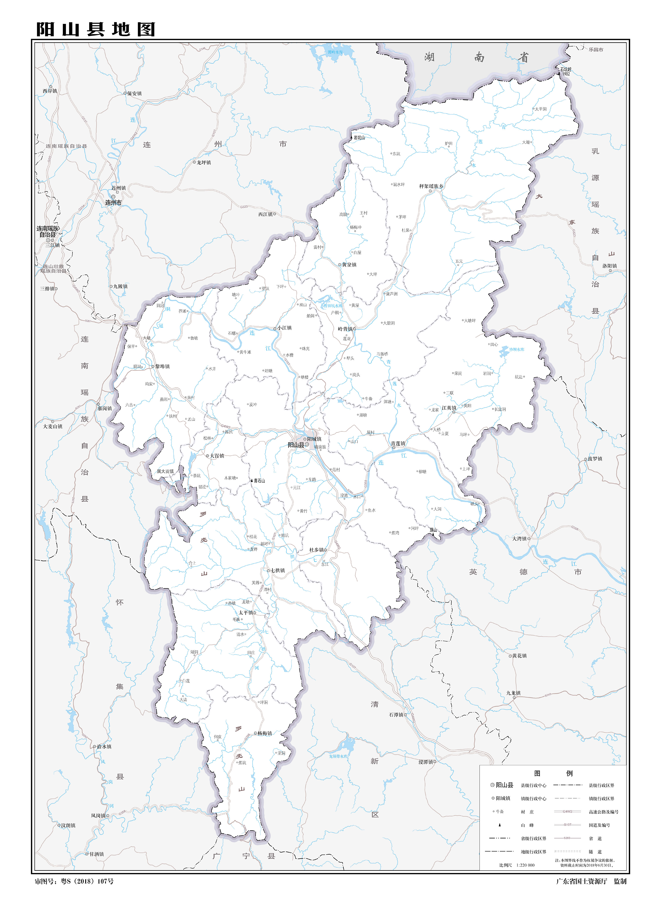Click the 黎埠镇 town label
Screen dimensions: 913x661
(162, 366)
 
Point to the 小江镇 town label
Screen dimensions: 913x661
(284, 328)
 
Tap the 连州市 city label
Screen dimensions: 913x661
(113, 202)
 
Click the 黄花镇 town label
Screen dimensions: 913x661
(519, 656)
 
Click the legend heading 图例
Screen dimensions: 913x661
(553, 773)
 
